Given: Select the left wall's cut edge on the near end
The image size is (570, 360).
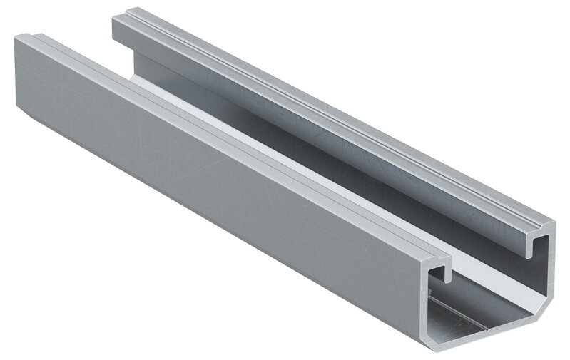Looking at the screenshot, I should pos(427,307).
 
